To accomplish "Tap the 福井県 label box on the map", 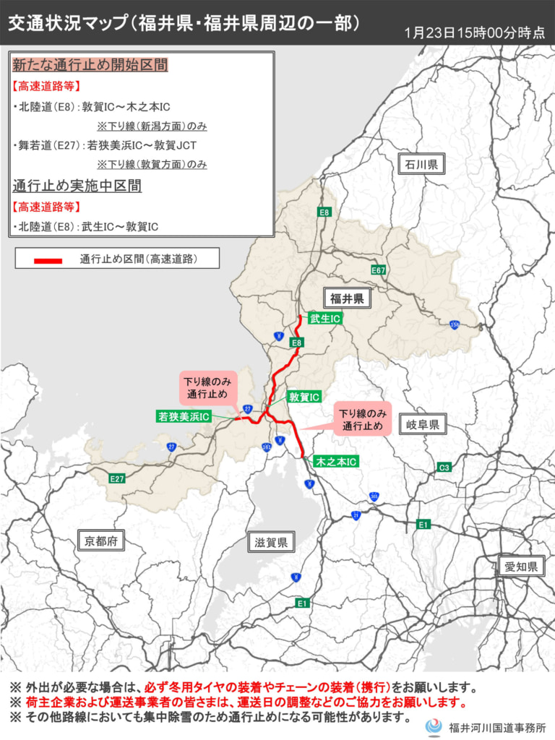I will [346, 297].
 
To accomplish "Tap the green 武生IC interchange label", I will [325, 318].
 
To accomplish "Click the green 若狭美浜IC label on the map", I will [184, 416].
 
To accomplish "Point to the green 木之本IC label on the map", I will [336, 461].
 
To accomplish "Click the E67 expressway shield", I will [378, 270].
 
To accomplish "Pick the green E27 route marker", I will [117, 478].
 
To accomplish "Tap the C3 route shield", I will [444, 468].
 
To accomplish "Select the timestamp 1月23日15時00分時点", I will [475, 33].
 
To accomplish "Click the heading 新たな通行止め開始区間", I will [90, 66].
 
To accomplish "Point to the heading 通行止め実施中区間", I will [77, 186].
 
